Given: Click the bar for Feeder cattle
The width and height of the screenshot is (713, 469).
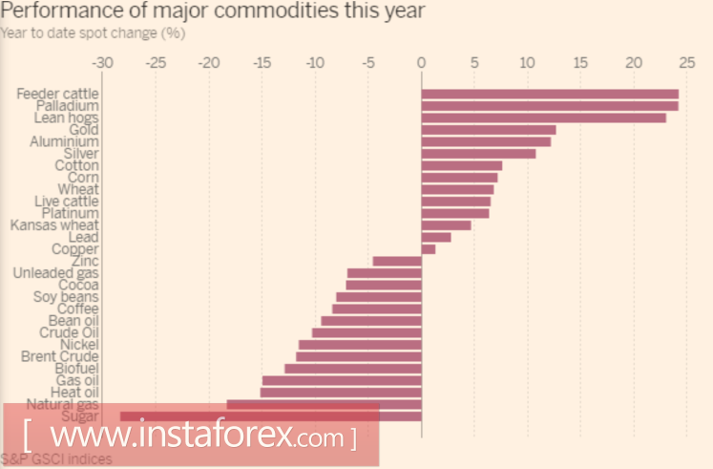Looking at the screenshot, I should tap(549, 94).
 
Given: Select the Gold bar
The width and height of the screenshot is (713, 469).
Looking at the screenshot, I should tap(488, 130).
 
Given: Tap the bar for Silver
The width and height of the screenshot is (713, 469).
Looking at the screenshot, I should tap(478, 154).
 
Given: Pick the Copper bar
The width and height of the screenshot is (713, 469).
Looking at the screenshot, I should tap(428, 249).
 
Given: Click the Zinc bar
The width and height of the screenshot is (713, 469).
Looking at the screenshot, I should tap(397, 261).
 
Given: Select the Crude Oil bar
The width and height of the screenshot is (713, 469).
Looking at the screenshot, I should tap(367, 332).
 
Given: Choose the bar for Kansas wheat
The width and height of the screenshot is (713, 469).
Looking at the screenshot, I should tap(446, 225).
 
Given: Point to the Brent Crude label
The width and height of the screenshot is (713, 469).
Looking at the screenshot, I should tap(60, 356).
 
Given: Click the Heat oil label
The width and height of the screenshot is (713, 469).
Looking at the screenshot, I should tap(74, 392).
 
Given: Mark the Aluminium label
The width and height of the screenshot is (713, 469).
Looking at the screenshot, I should tap(65, 141).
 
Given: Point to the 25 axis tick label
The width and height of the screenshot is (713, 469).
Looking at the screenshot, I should tap(685, 63).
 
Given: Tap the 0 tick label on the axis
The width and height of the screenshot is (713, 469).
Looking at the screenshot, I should tap(421, 63).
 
